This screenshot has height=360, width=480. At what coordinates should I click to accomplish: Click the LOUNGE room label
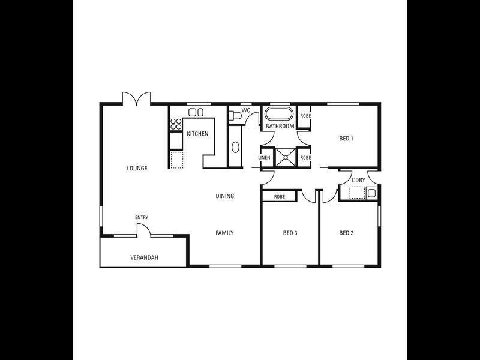(137, 168)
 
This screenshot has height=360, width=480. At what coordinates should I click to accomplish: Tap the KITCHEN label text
(197, 134)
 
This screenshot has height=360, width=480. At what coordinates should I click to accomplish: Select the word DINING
(225, 196)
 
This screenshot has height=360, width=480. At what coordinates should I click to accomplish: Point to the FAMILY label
(225, 233)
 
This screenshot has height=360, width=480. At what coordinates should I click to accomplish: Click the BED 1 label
(346, 139)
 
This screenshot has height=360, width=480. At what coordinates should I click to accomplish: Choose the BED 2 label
(346, 233)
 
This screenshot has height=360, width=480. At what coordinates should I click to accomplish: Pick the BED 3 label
(290, 233)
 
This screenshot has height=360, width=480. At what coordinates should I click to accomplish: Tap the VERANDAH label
(144, 258)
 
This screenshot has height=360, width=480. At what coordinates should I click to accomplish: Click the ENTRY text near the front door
(142, 217)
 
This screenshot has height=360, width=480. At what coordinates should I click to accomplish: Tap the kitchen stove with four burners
(176, 124)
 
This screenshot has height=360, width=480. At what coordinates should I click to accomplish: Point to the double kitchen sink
(196, 112)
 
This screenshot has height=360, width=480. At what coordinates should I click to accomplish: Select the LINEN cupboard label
(265, 158)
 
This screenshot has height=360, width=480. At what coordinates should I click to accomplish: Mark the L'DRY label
(358, 180)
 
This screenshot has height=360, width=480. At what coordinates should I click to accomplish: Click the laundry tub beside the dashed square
(371, 193)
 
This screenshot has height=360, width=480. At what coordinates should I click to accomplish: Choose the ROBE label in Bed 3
(279, 196)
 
